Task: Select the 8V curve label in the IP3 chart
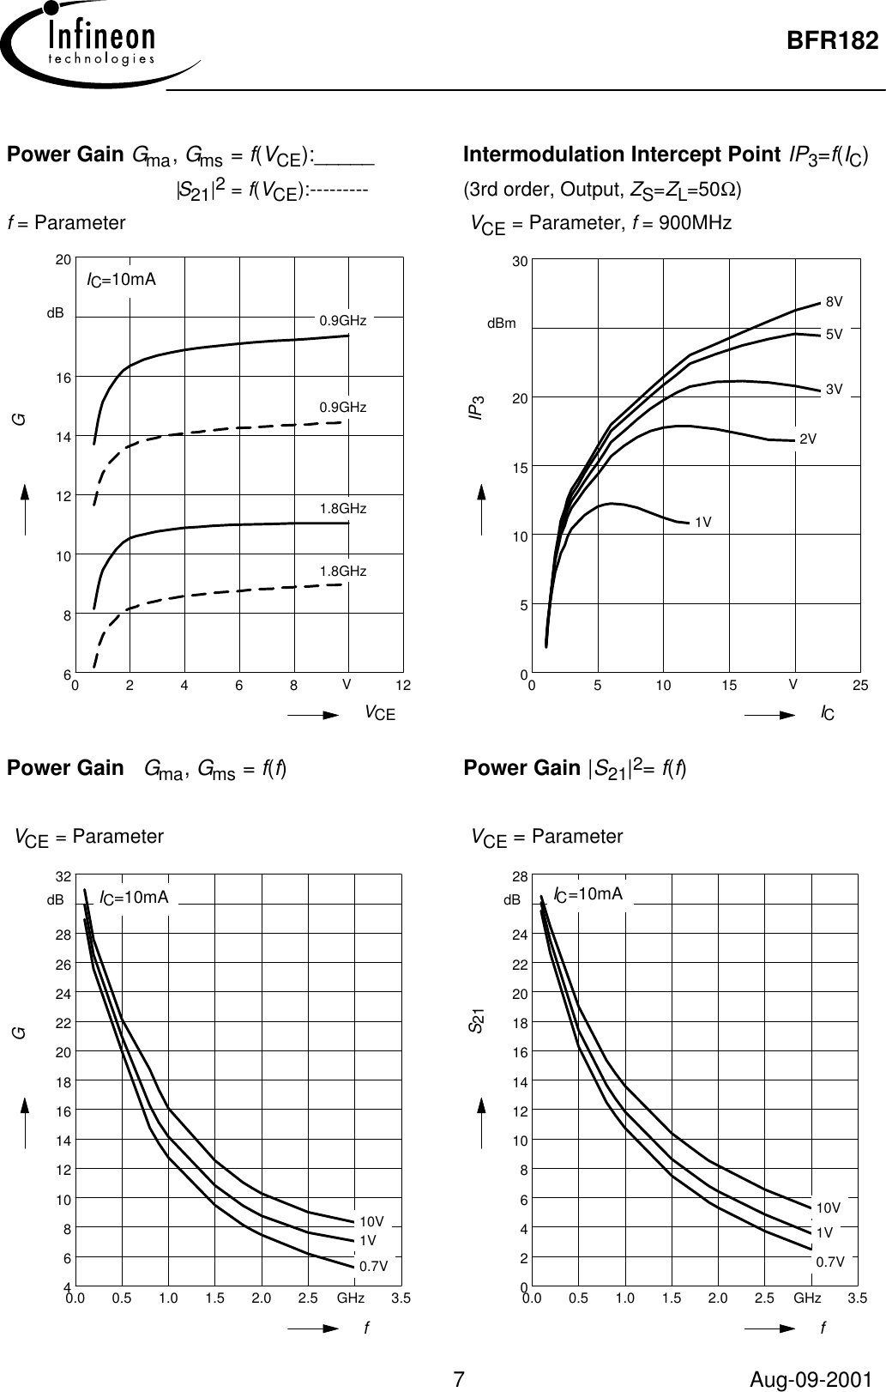834,302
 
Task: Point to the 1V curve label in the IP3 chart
703,522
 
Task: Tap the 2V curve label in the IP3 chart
807,439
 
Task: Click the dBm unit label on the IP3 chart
502,324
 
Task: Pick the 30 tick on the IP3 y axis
519,258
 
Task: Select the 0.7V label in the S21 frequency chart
829,1262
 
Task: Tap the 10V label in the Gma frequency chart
372,1220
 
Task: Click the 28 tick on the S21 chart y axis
519,876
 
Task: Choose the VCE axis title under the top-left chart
379,712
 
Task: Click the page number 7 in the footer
459,1379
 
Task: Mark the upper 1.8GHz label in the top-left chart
343,509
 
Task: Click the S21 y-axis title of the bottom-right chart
473,1020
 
